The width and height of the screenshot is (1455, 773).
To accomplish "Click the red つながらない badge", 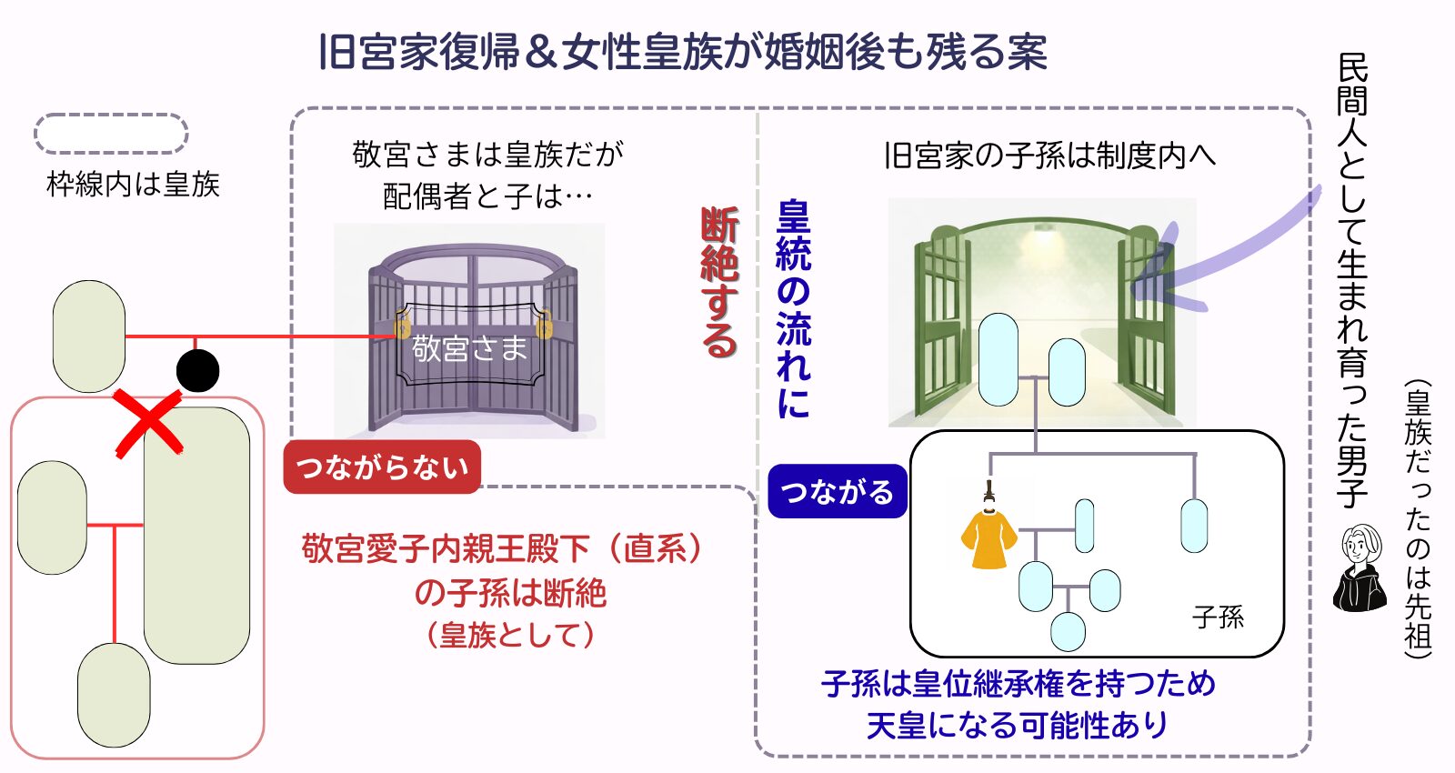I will [382, 467].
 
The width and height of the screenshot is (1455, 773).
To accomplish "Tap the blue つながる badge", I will [837, 491].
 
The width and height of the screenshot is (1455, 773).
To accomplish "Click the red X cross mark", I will [149, 424].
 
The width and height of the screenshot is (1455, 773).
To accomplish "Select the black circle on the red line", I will [197, 370].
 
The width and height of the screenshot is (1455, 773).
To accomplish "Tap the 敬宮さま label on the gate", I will [469, 347].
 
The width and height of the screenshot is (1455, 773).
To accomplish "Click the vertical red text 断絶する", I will [719, 282].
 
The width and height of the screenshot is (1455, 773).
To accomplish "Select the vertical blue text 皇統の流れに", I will [793, 309].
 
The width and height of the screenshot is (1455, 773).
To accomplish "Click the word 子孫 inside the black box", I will [1218, 617].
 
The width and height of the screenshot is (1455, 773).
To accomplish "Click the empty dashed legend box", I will [111, 134].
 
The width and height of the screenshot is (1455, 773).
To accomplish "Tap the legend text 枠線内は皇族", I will [133, 185].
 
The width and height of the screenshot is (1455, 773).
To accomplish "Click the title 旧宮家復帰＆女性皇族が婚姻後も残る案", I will [682, 52].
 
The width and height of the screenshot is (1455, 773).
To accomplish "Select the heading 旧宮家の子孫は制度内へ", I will [1049, 156].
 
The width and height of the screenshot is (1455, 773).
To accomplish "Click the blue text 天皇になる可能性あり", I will [1017, 726].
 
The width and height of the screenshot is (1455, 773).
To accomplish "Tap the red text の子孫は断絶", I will [510, 593].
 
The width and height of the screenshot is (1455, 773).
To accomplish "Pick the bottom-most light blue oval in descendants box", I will [1068, 631].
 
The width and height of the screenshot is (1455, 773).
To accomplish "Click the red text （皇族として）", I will [510, 634].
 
